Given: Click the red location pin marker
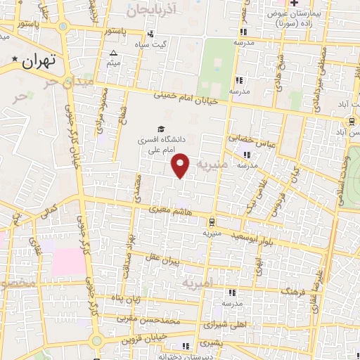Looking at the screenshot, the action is coord(181,165).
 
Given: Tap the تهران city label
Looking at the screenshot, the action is coord(38,61).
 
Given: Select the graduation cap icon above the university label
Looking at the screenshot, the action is coord(162,129).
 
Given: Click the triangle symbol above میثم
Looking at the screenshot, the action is coord(114,53).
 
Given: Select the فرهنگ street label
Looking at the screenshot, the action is coord(294,289).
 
